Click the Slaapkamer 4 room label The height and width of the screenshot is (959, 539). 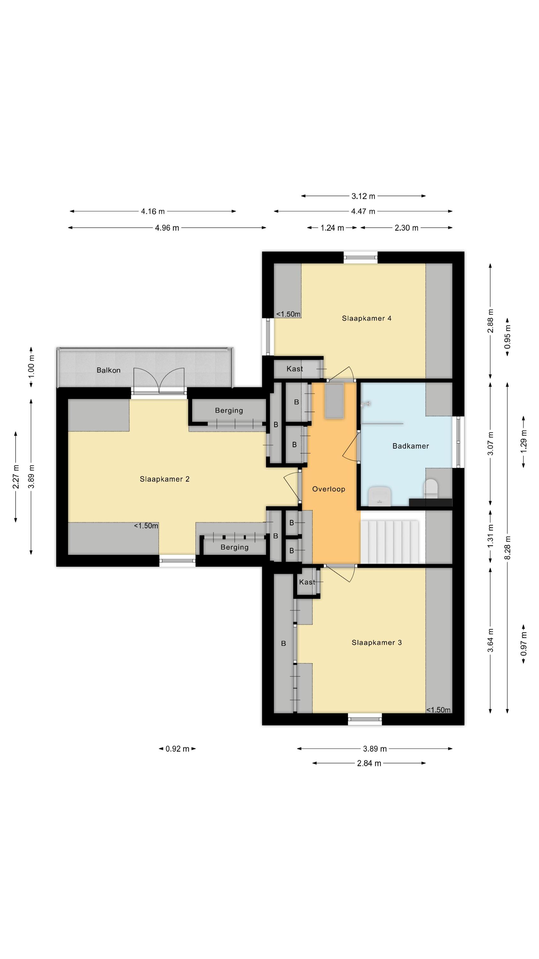(366, 318)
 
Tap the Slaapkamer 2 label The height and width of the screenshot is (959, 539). (164, 479)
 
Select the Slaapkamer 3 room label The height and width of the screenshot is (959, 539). (376, 643)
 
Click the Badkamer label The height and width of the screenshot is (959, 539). (411, 446)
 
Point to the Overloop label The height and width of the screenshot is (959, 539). (329, 489)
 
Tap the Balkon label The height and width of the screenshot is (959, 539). (108, 370)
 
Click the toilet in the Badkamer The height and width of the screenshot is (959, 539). (430, 488)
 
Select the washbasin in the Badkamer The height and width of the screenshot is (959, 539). (379, 496)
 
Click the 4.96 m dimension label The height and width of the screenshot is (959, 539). (167, 228)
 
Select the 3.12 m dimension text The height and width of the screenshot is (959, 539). (363, 196)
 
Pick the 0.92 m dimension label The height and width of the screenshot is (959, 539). (178, 749)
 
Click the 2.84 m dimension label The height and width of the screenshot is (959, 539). (369, 764)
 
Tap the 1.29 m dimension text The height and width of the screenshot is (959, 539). (524, 441)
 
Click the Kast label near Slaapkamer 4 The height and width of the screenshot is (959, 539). (295, 369)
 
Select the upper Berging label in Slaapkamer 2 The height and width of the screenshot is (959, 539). (229, 411)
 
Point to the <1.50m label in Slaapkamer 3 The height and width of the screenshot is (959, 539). (438, 710)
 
